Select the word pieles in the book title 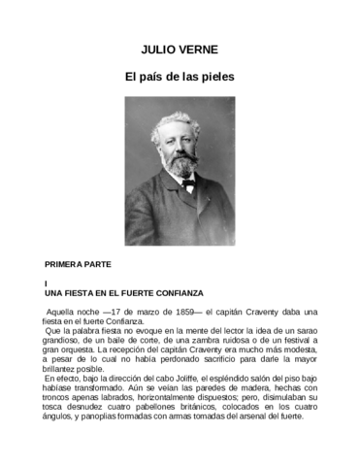point(215,75)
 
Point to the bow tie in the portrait point(187,182)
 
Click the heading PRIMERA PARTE point(79,264)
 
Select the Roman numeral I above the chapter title point(48,283)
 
